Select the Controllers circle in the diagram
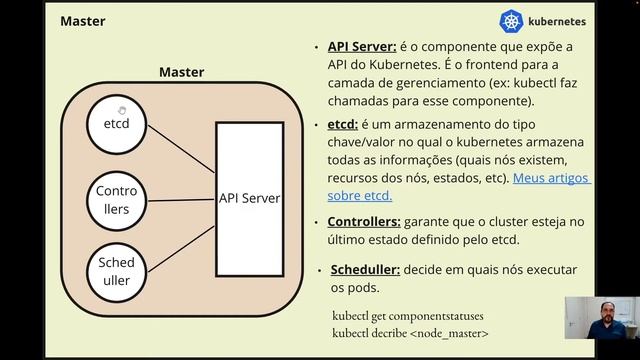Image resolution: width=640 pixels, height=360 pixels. tap(116, 200)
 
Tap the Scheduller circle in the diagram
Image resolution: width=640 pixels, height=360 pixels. tap(116, 271)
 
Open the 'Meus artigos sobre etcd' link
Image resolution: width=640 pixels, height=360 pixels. tap(551, 187)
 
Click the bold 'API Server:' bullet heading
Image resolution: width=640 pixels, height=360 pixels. tap(362, 47)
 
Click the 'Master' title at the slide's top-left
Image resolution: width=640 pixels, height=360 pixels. tap(83, 20)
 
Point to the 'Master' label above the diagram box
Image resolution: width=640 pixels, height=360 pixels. tap(181, 72)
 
